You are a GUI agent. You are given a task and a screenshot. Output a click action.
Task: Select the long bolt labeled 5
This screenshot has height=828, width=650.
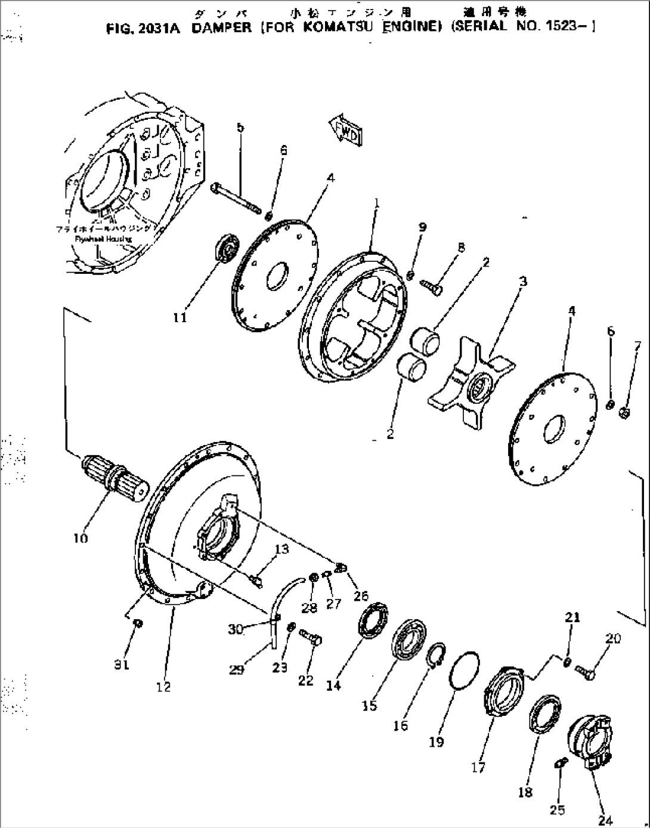tap(236, 197)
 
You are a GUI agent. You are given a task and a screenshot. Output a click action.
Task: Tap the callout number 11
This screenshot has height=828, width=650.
tap(179, 317)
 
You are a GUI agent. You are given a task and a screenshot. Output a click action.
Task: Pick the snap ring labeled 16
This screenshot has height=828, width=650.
tap(435, 654)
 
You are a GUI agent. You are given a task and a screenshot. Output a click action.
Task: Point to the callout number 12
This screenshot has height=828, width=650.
tap(163, 686)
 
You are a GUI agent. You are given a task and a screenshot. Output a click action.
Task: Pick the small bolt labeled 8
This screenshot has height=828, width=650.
tap(434, 288)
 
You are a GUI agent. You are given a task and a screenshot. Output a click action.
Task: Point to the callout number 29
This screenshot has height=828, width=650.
tap(236, 669)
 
